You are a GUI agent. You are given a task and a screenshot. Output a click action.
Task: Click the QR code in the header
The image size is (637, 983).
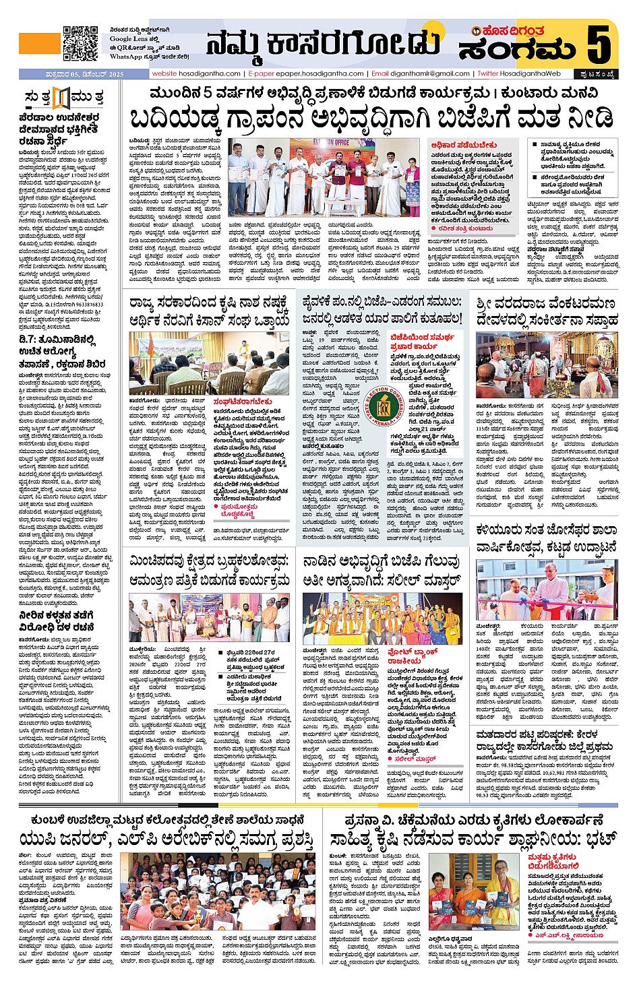tap(80, 43)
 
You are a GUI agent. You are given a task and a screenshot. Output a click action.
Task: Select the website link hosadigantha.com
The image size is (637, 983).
tap(208, 73)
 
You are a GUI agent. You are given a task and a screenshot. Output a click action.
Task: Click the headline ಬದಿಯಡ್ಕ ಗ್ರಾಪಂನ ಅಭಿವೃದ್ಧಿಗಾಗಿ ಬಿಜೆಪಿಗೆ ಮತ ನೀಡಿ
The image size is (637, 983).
tap(371, 119)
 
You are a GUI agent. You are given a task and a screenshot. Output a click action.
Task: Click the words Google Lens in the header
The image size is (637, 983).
tap(131, 39)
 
